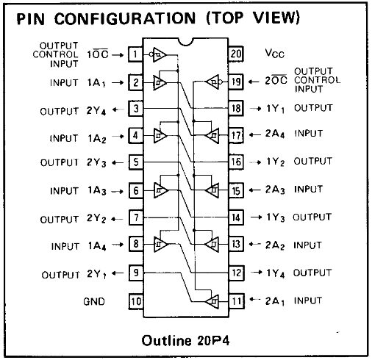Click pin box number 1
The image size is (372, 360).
135,54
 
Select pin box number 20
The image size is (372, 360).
236,54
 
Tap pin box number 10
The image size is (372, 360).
136,301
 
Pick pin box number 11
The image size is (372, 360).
237,301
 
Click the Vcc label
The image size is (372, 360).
275,53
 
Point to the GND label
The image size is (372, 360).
94,301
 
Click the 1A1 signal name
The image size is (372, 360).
96,83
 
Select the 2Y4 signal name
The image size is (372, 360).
96,111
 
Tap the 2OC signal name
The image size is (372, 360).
276,80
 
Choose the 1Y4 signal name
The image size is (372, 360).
276,273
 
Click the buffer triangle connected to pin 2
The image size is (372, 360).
160,83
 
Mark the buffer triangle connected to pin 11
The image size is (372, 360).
212,301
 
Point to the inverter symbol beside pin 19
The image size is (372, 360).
215,82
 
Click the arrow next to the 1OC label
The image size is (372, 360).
118,55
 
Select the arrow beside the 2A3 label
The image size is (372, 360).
255,190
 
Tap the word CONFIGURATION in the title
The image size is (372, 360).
125,18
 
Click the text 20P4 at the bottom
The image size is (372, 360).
213,341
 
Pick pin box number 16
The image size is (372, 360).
236,162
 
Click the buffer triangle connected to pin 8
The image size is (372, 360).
161,244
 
